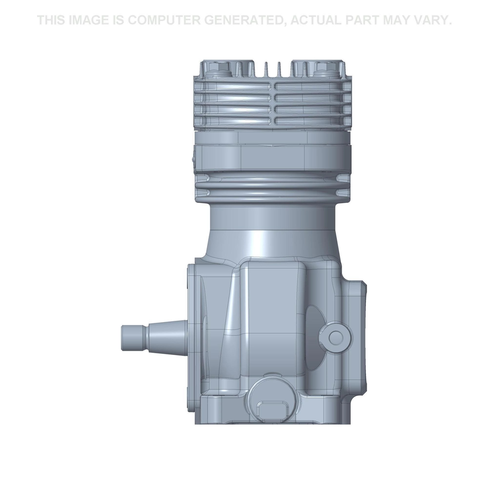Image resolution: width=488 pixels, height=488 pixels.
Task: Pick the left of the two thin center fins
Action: (x=265, y=69)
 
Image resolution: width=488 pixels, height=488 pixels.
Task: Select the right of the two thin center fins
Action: (x=279, y=69)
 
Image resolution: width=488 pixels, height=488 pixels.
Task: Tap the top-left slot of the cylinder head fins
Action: (x=237, y=87)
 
